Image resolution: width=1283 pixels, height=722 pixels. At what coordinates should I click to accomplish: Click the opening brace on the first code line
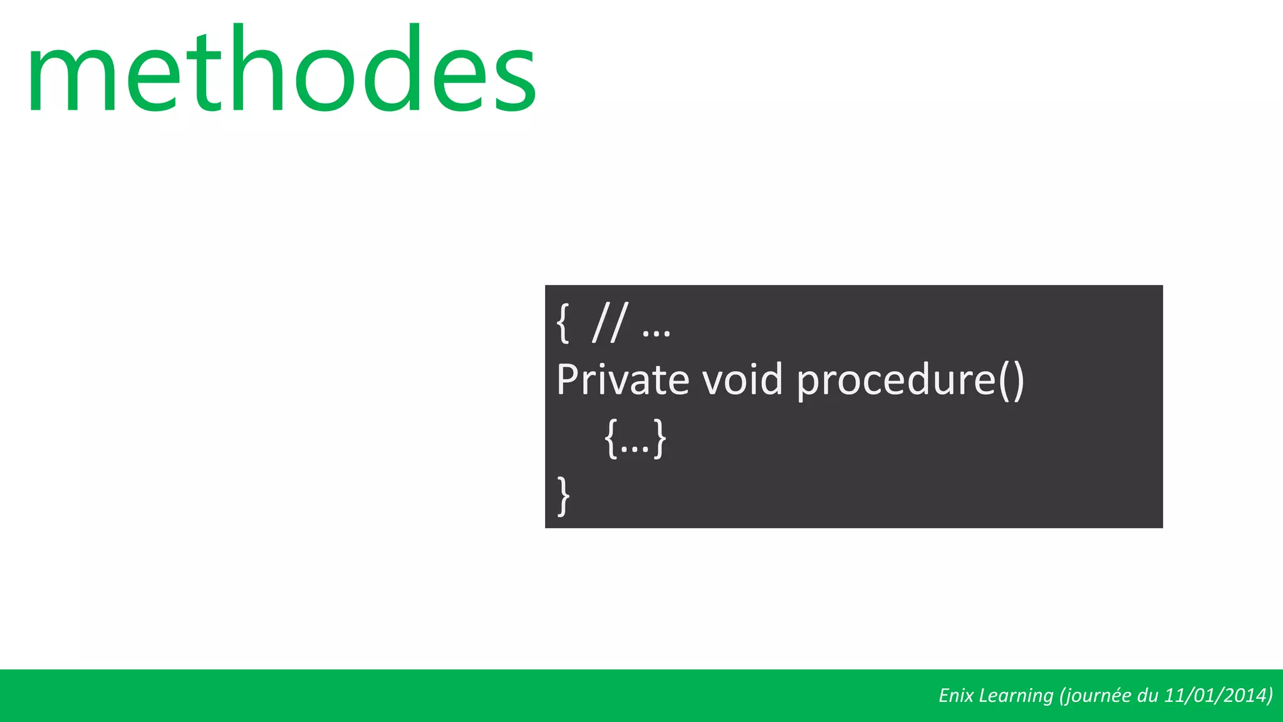(x=563, y=323)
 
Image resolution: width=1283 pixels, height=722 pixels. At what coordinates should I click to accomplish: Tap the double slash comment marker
(x=609, y=323)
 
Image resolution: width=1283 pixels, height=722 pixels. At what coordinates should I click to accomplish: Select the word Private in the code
(x=623, y=380)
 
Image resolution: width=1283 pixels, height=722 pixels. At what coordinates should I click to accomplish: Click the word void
(x=742, y=380)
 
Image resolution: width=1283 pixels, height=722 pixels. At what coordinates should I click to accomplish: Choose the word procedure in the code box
(x=896, y=381)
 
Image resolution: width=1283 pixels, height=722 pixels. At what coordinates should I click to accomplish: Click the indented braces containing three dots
(x=635, y=439)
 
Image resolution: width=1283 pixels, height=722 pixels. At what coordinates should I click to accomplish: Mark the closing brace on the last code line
(x=564, y=495)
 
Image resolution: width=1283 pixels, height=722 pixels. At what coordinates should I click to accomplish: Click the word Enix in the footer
(x=956, y=696)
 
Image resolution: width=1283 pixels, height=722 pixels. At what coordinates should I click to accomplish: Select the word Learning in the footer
(x=1016, y=696)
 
